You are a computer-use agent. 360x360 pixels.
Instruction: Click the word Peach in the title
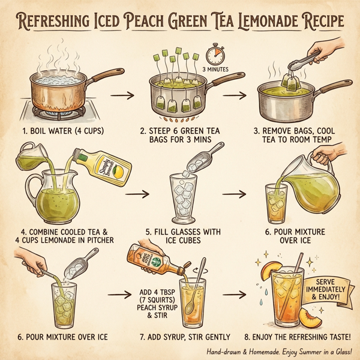point(152,22)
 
